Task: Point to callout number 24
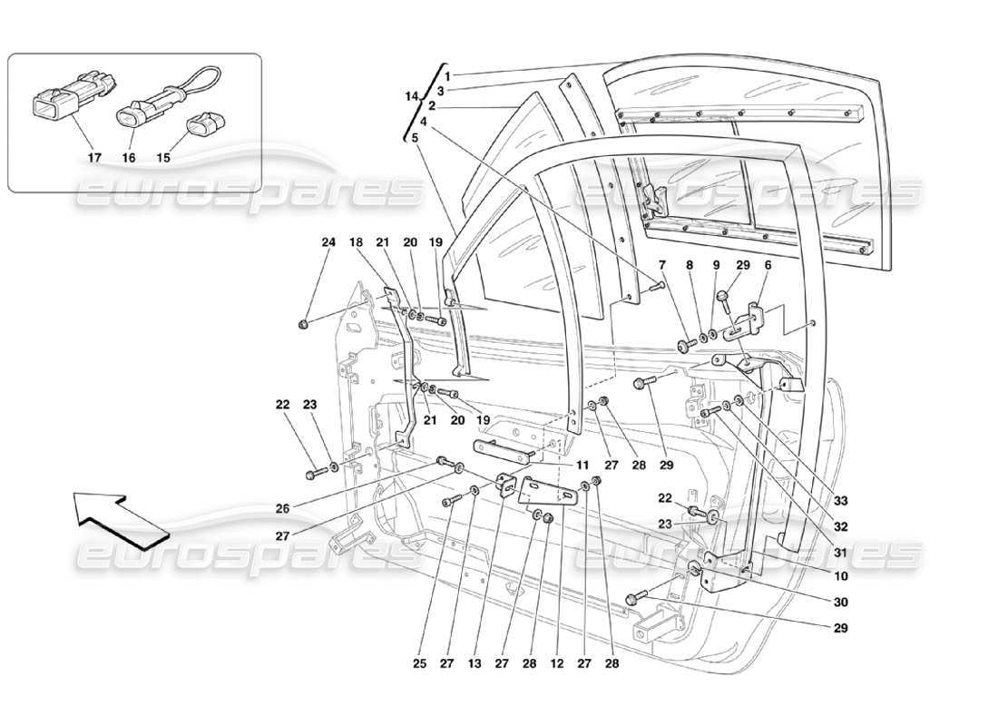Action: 328,242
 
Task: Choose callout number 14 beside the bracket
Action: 414,94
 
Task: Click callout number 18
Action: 357,242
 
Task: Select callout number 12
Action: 557,664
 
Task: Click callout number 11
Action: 582,464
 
